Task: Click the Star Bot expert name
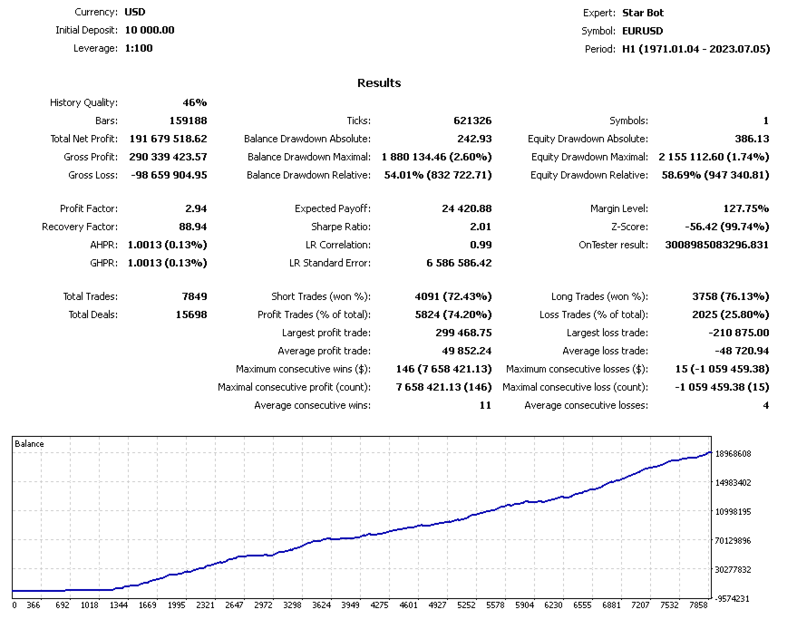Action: tap(643, 13)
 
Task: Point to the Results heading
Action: tap(379, 82)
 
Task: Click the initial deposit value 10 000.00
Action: tap(150, 30)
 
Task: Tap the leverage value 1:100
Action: tap(139, 48)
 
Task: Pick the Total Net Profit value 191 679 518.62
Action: tap(168, 139)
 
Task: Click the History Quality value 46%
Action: tap(194, 102)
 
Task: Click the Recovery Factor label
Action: tap(80, 227)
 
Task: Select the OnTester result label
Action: tap(613, 245)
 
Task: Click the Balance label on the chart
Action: tap(29, 444)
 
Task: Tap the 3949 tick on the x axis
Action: tap(352, 604)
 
